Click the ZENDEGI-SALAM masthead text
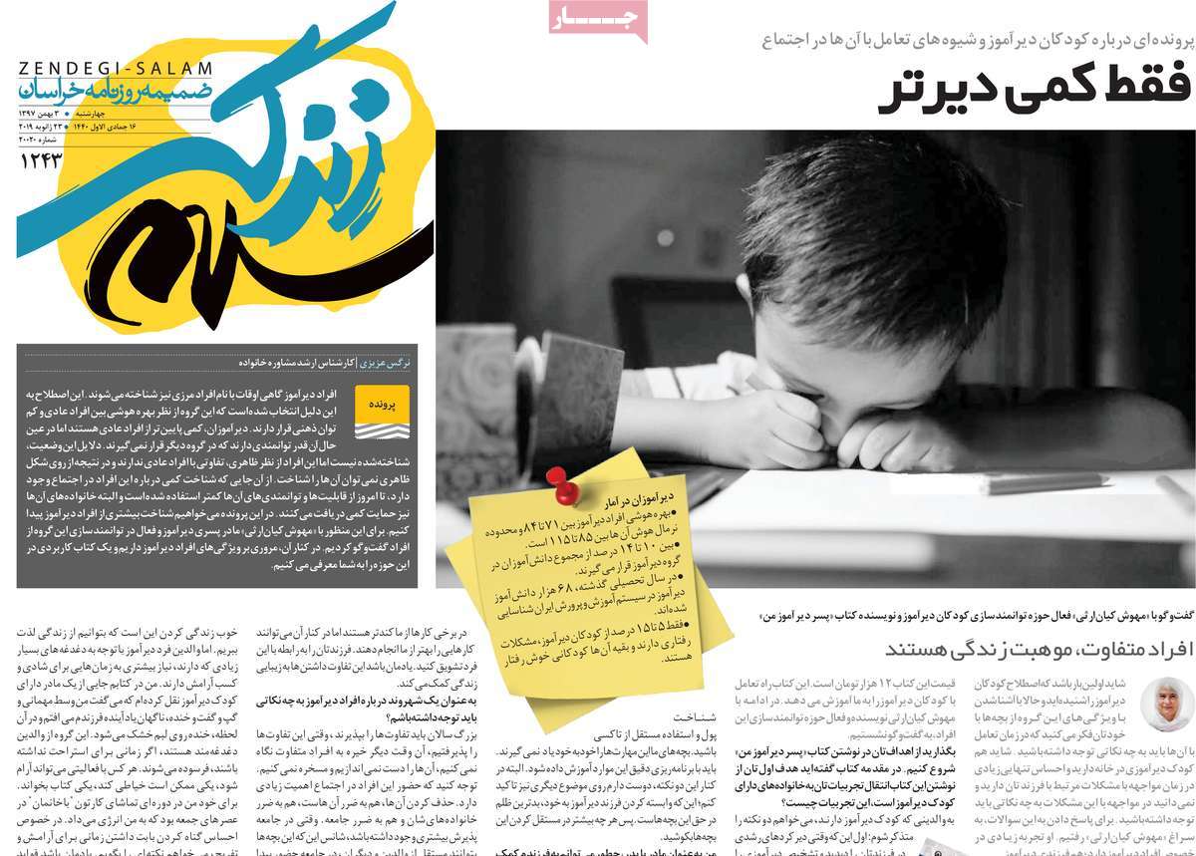tap(116, 69)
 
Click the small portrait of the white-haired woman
tap(1167, 704)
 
